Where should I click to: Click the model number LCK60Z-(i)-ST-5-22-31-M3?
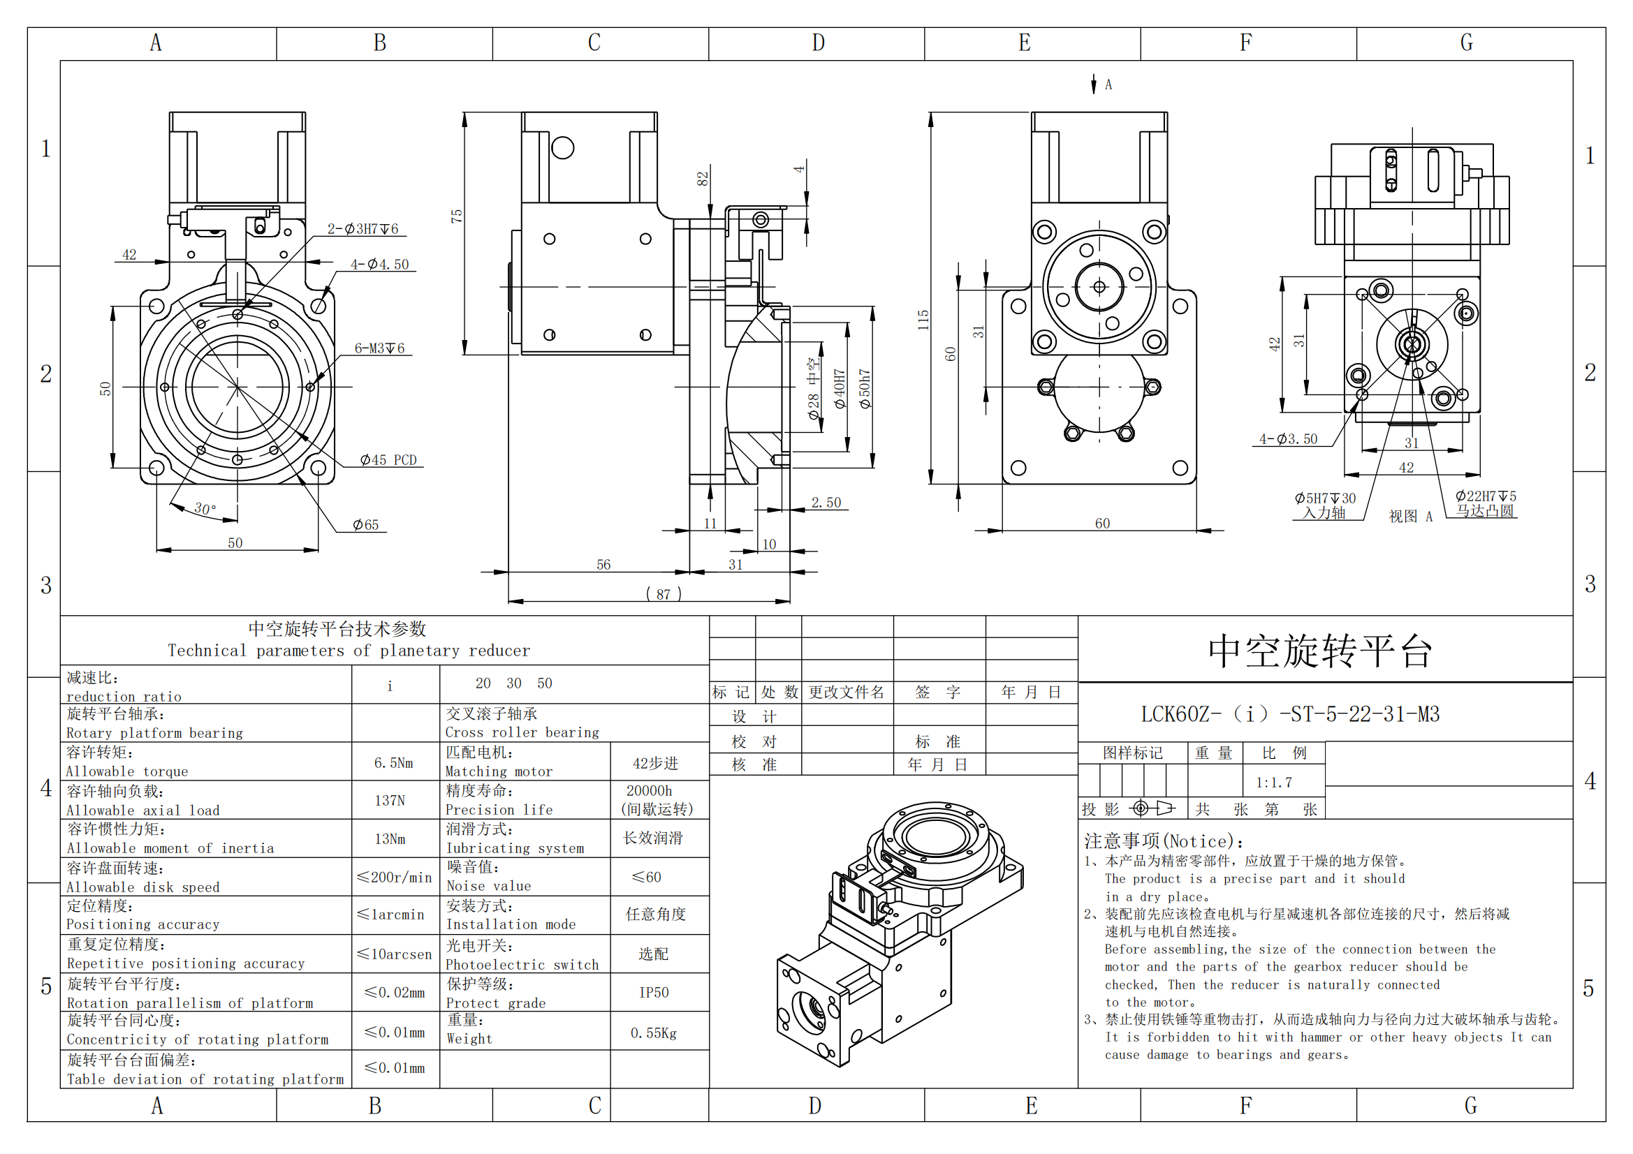tap(1289, 714)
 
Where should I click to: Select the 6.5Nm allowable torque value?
tap(393, 763)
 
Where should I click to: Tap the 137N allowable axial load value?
tap(390, 801)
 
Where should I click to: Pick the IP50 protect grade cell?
tap(654, 993)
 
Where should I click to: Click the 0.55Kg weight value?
tap(653, 1033)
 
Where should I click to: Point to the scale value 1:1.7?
tap(1273, 783)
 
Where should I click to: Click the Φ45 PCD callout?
tap(388, 460)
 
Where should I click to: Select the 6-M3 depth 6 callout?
tap(380, 348)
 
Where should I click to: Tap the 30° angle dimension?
tap(205, 508)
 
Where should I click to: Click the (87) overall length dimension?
tap(663, 593)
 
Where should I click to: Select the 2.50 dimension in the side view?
tap(826, 503)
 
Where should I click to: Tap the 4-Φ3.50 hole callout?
tap(1288, 439)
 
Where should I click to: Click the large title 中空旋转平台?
tap(1319, 651)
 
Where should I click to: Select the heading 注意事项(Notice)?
tap(1164, 842)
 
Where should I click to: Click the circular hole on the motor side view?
tap(562, 148)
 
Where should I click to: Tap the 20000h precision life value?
tap(649, 791)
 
